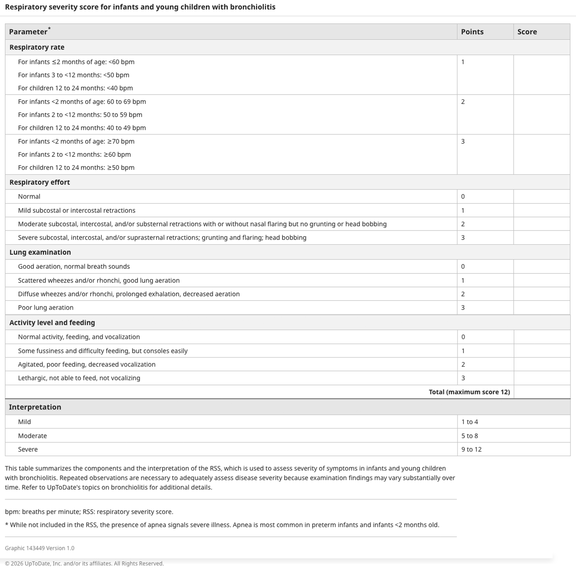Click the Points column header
472,32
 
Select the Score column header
527,32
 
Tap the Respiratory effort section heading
40,182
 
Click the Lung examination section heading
40,252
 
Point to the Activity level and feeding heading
52,322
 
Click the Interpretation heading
35,407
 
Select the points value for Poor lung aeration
463,307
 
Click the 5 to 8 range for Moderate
469,436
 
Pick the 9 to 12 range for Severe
471,449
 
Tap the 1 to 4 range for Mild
469,422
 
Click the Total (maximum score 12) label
469,392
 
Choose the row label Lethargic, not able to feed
79,378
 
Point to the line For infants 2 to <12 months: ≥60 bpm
74,154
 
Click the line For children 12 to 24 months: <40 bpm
75,88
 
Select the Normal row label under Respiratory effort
29,196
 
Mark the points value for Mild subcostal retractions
463,211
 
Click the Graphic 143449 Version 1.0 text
40,548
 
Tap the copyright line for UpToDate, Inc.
84,563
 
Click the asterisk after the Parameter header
49,28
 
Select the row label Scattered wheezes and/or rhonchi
99,280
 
